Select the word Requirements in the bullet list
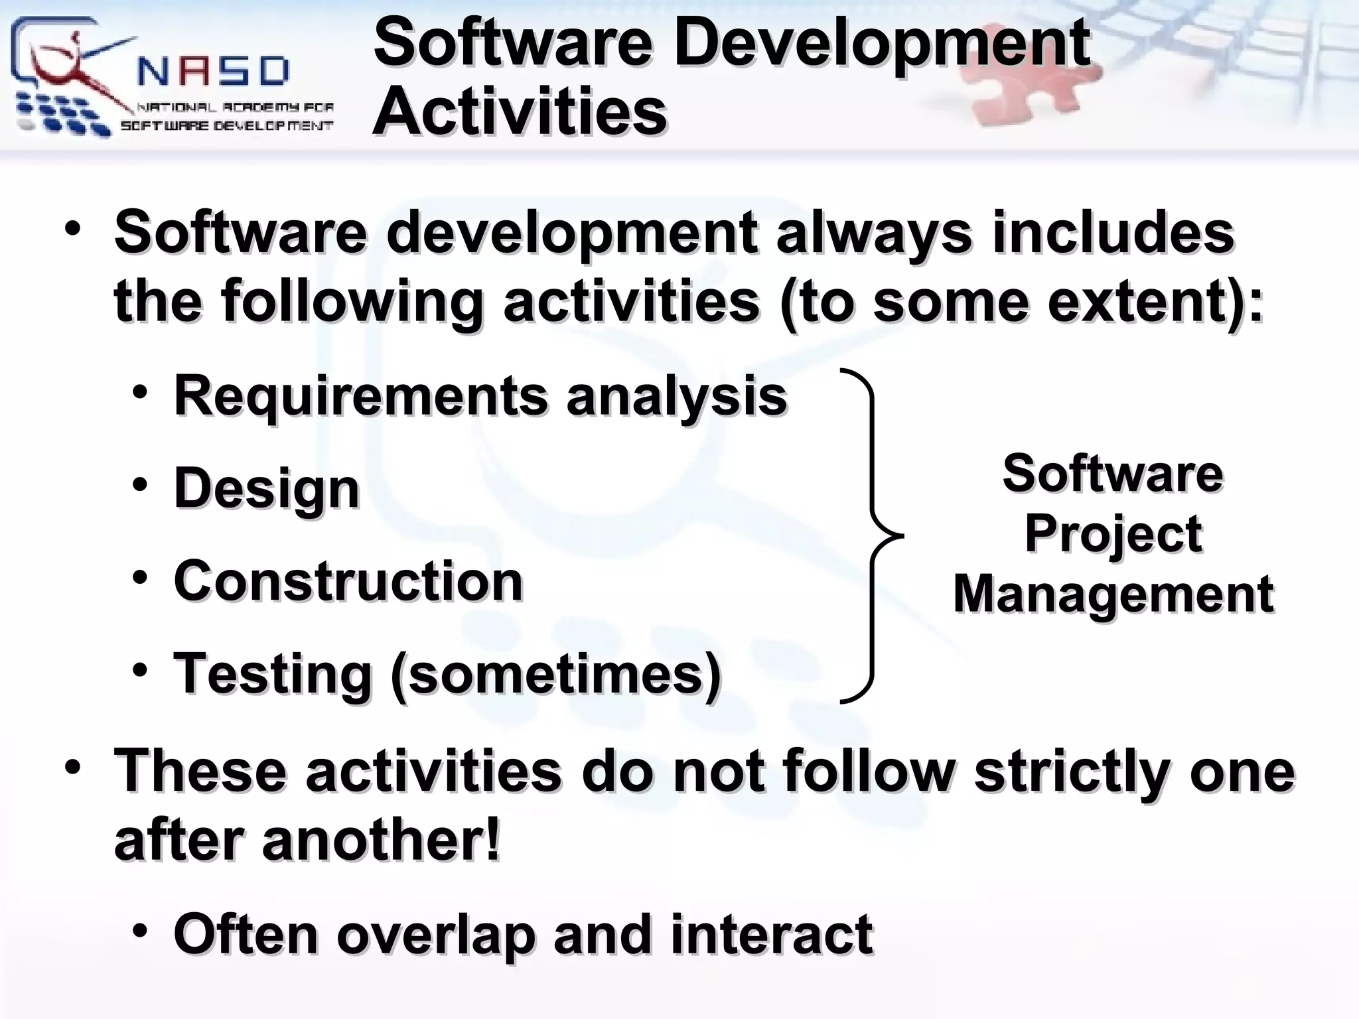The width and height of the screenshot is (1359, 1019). (x=360, y=396)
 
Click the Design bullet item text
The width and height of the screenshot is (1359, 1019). (x=266, y=489)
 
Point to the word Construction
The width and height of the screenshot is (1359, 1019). (x=348, y=581)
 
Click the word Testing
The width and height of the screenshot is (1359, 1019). (x=272, y=675)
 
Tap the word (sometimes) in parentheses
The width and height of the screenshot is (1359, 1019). (x=555, y=675)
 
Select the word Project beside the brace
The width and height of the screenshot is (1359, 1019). (x=1113, y=534)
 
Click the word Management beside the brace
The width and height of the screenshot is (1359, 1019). (x=1113, y=594)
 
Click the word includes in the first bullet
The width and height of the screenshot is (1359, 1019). (x=1113, y=232)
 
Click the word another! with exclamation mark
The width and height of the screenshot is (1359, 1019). (x=381, y=841)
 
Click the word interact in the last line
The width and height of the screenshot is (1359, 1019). (x=771, y=934)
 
